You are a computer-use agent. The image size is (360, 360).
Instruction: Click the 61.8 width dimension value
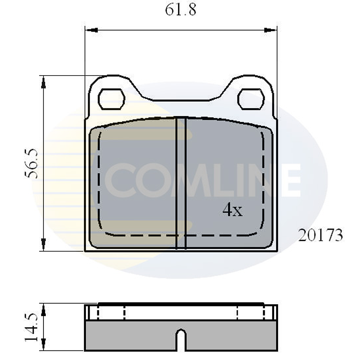180,10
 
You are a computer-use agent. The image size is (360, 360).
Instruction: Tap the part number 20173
320,236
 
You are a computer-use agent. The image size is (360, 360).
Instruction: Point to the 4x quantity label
233,211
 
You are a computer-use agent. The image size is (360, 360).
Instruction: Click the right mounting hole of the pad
251,99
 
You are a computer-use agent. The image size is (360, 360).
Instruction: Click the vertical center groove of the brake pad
181,182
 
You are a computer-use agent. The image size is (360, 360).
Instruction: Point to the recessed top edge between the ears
181,99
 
